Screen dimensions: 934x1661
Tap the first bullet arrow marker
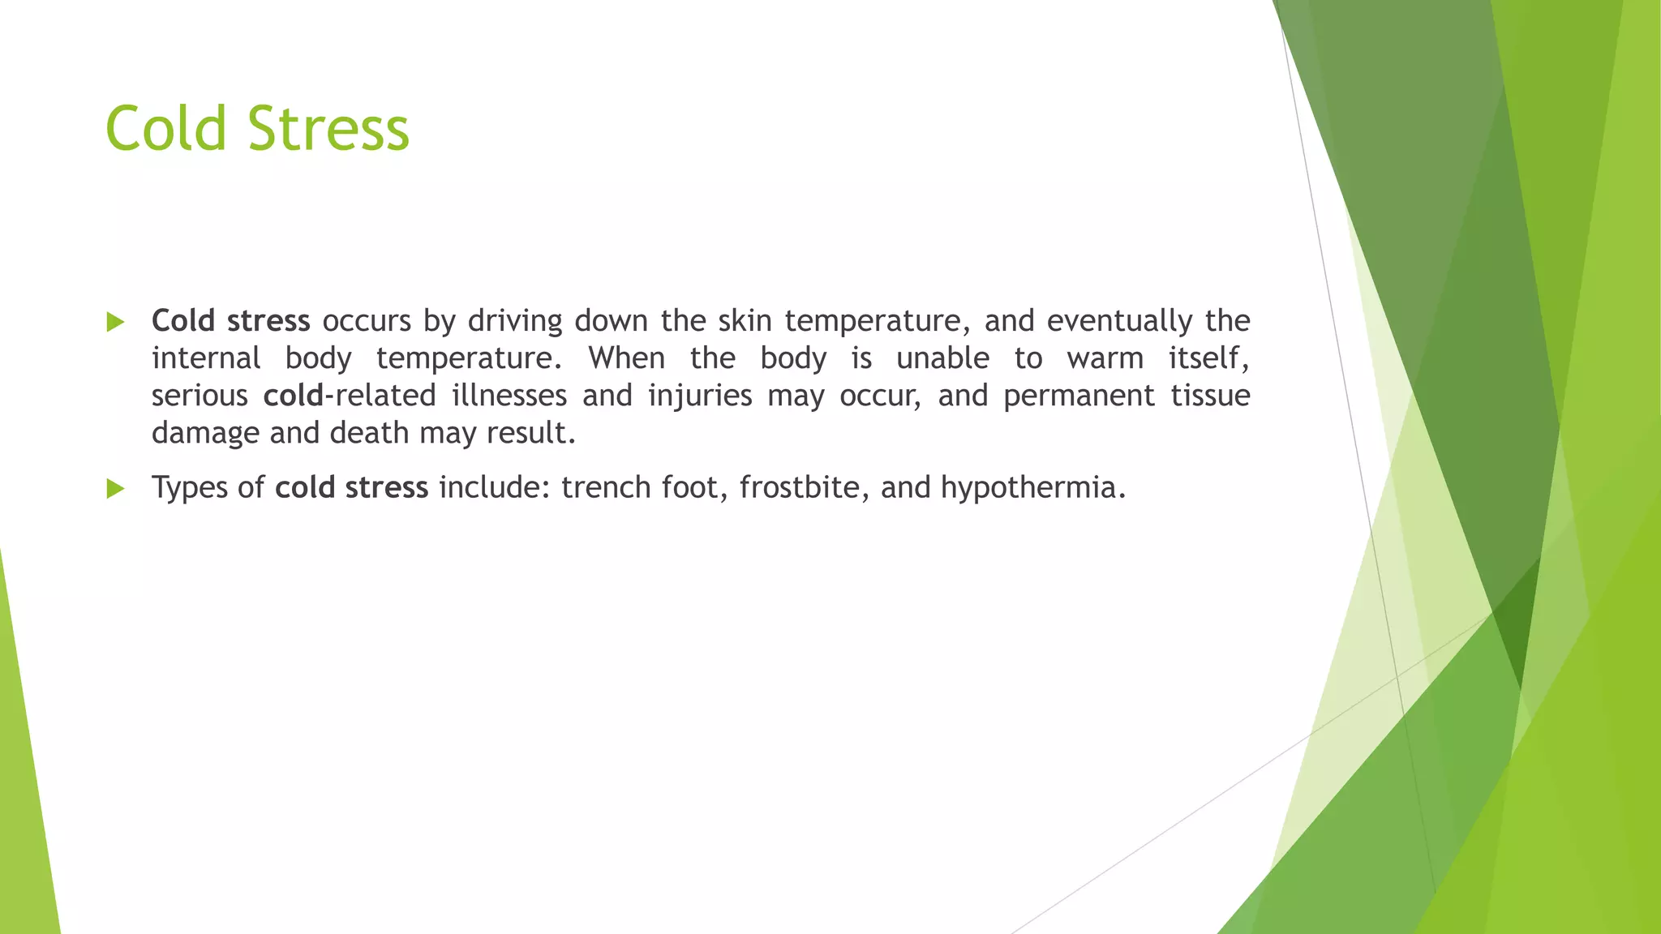click(x=115, y=322)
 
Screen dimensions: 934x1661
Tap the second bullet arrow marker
click(x=115, y=488)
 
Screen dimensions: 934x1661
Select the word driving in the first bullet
click(x=515, y=321)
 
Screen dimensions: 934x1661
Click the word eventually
click(x=1119, y=321)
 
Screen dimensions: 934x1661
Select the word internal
click(x=206, y=358)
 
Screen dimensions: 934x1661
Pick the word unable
click(x=942, y=358)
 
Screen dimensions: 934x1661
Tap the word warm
click(x=1105, y=358)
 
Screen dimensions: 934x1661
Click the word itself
click(x=1208, y=358)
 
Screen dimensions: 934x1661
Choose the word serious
click(x=200, y=396)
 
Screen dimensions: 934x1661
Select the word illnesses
click(x=509, y=396)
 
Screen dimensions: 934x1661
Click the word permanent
click(x=1079, y=396)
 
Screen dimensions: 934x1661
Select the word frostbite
click(x=799, y=487)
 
